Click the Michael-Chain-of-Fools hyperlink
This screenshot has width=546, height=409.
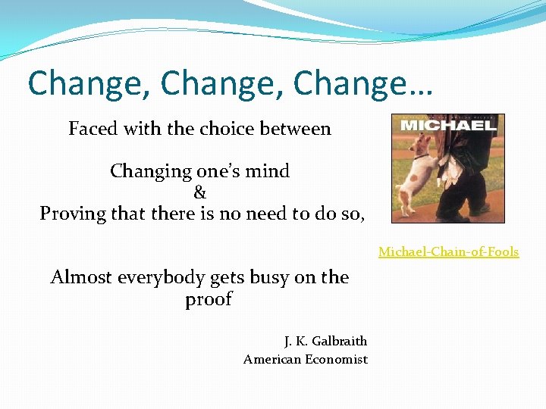448,251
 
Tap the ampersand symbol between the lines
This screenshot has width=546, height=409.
200,192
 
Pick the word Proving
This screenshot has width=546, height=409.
71,214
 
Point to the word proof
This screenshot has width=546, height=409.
209,300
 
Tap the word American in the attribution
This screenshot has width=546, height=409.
271,360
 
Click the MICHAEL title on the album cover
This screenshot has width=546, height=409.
447,124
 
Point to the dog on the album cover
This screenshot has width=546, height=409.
421,170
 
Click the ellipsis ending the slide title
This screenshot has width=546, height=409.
419,85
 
